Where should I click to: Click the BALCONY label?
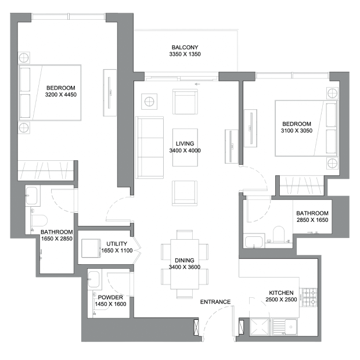[185, 47]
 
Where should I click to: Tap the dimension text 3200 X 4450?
[61, 95]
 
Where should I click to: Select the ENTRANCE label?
[215, 302]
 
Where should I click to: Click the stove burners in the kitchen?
[309, 297]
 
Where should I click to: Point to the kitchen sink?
[285, 326]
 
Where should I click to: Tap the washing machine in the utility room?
[91, 248]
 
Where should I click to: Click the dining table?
[185, 264]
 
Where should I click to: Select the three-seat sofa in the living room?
[149, 147]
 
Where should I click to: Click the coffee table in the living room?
[185, 147]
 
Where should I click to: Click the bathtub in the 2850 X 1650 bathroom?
[254, 241]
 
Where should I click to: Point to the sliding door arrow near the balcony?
[197, 84]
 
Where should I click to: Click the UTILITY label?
[117, 244]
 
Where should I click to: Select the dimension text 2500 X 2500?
[281, 300]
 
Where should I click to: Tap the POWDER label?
[110, 297]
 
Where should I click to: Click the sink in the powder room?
[94, 279]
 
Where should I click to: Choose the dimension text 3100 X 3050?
[297, 131]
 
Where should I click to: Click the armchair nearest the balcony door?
[185, 102]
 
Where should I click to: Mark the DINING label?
[185, 260]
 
